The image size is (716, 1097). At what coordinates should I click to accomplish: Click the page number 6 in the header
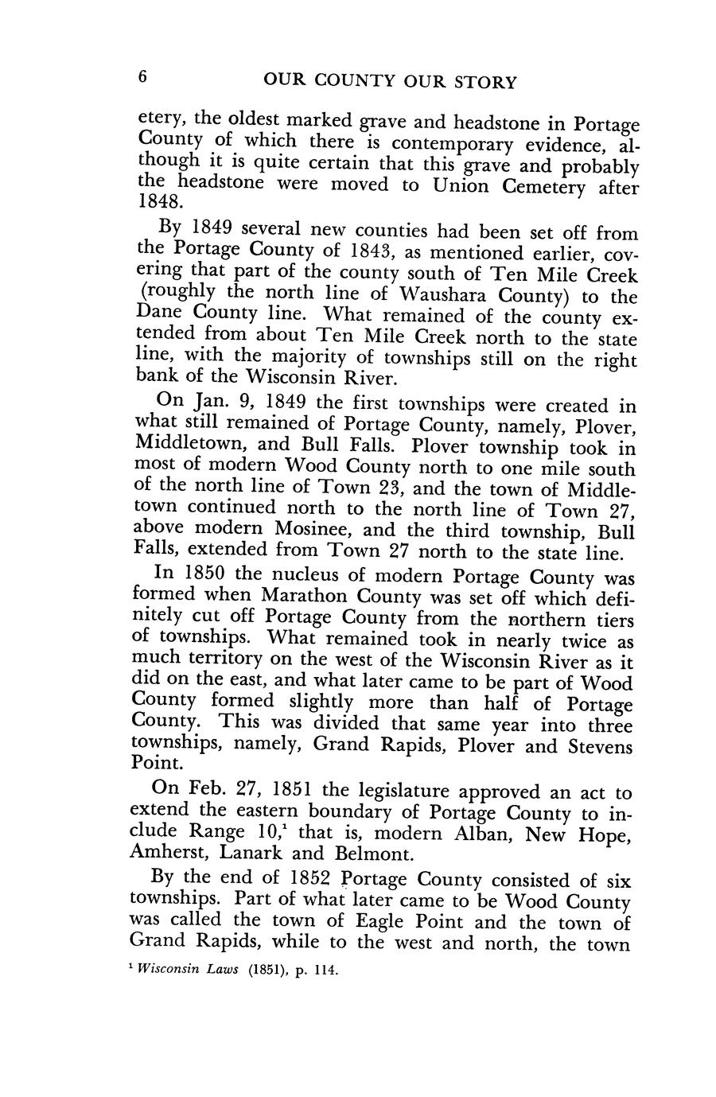click(x=143, y=78)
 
